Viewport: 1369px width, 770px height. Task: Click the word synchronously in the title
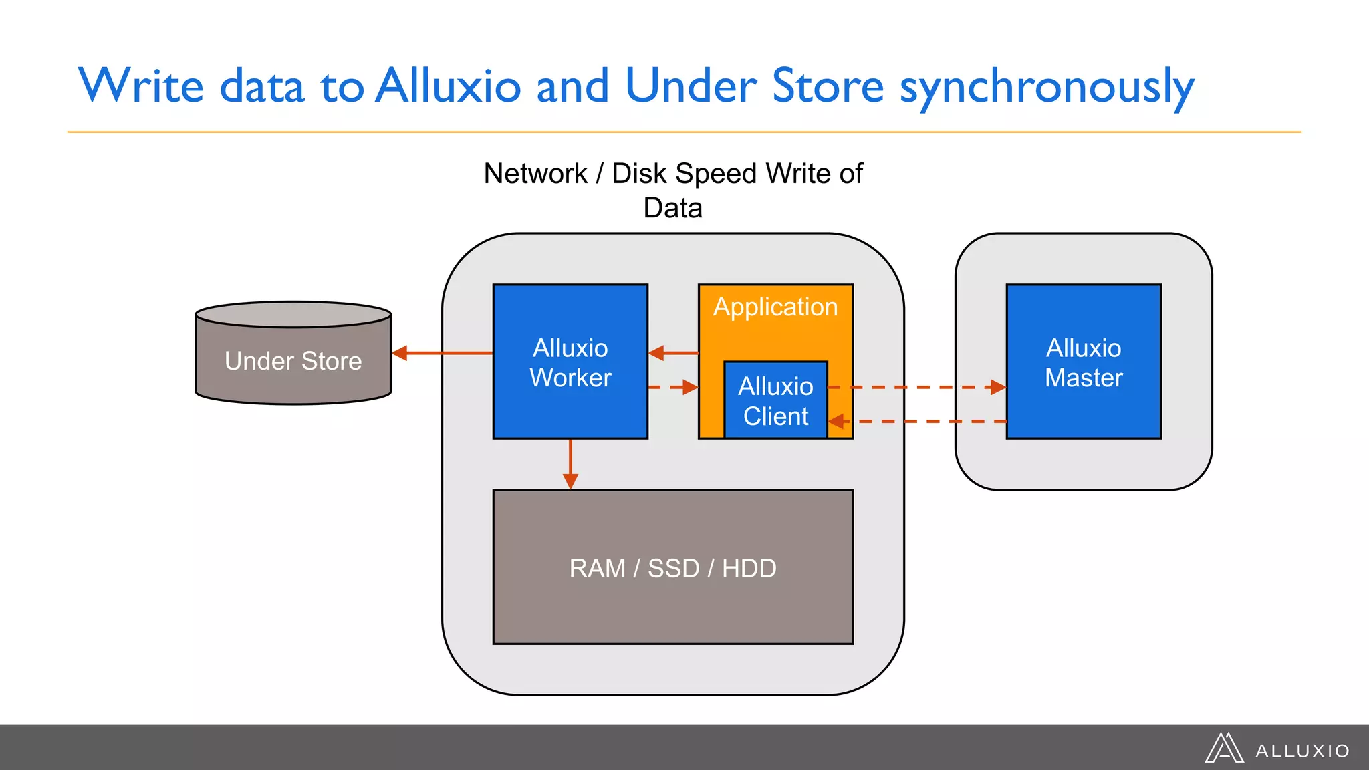1046,87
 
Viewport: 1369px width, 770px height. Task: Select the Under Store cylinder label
293,361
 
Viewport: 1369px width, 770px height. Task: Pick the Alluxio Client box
775,401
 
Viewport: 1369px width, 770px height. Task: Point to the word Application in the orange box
775,307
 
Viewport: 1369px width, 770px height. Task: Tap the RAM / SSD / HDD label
672,568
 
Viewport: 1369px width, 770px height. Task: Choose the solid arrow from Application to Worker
673,353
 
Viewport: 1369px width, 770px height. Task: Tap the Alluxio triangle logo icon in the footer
1223,748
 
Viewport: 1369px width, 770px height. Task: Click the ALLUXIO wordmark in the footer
1302,751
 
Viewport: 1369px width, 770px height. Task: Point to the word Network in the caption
535,174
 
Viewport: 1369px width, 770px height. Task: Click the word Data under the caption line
672,208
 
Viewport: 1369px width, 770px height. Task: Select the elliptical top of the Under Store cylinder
293,314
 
